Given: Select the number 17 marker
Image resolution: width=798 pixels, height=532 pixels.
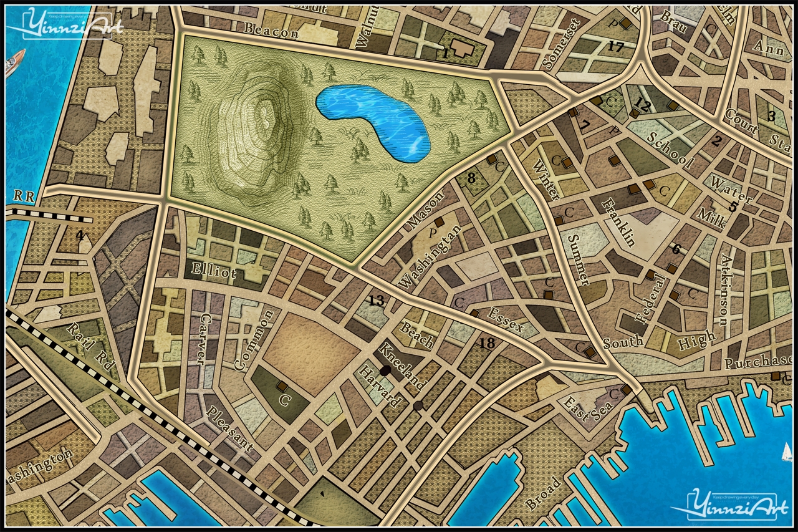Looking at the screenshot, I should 615,46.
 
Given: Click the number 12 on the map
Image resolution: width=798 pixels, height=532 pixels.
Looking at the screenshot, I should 642,106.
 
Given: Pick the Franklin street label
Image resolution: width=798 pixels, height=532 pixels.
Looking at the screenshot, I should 619,222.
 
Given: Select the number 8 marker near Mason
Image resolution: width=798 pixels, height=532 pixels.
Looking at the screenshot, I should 471,178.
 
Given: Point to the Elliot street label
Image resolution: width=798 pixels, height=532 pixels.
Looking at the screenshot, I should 214,273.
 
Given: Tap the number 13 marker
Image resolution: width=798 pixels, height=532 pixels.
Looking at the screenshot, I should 376,301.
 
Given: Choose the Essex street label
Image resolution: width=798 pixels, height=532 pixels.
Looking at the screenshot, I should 506,320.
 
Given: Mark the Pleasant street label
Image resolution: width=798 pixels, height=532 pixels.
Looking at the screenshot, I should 230,429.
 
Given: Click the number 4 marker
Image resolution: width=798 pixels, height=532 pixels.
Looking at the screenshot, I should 80,235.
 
